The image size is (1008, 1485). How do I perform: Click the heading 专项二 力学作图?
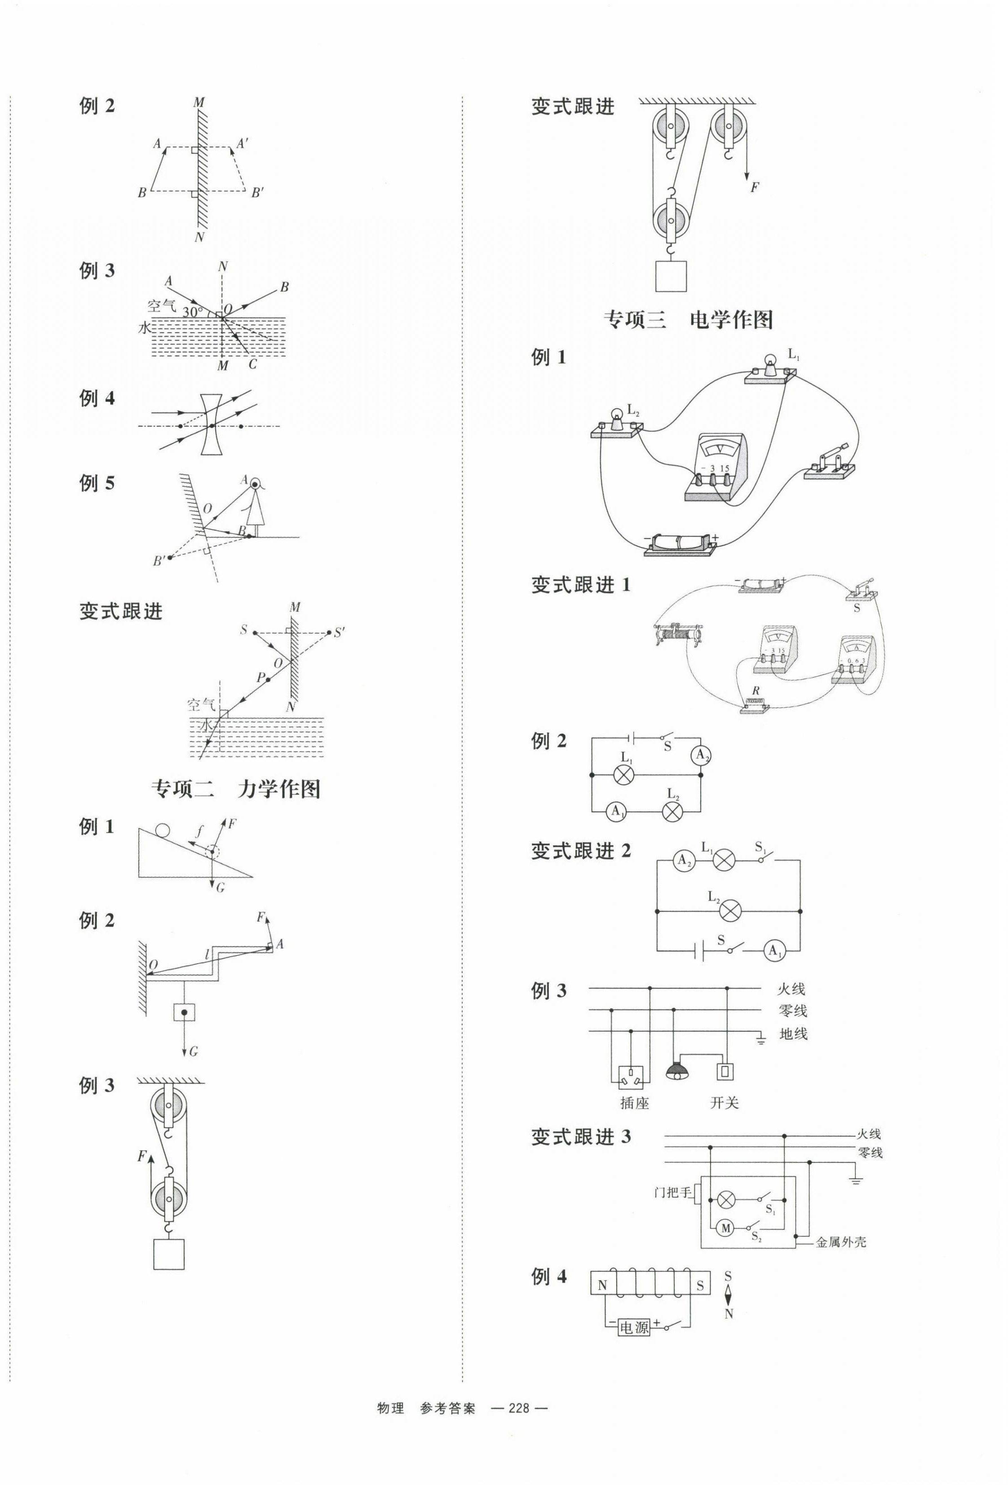235,789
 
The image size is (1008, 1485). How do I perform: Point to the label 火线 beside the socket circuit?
791,989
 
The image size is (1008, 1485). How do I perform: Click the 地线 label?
792,1033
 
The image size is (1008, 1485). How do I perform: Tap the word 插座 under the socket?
634,1103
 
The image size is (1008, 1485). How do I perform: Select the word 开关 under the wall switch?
724,1103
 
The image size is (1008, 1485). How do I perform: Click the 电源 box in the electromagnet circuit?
634,1328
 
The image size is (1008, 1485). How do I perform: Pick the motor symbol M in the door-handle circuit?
725,1228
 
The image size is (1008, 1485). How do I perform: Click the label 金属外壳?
840,1242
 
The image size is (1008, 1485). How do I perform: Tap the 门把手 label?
672,1192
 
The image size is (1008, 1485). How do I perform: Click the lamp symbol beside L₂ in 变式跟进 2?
730,911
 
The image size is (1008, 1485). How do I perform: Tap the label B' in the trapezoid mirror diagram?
257,192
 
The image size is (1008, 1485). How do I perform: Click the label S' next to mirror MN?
340,632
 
